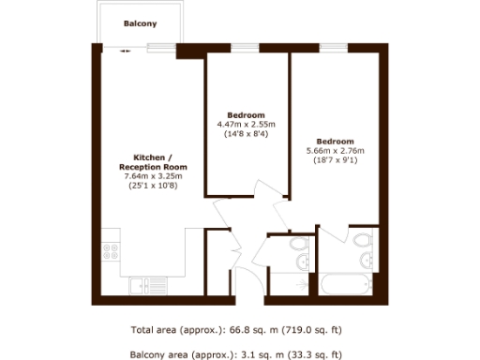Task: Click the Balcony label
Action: pos(141,23)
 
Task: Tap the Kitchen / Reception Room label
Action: pos(153,160)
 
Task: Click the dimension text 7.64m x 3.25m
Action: pos(153,176)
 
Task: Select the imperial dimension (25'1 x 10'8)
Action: pos(153,187)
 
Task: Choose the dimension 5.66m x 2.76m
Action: pos(335,150)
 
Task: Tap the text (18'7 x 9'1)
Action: pos(335,160)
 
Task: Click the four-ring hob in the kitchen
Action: pos(110,251)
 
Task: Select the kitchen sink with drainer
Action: pos(148,281)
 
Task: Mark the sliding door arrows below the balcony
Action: pos(126,52)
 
